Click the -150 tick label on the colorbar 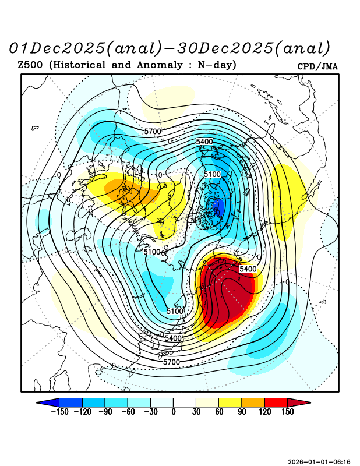click(59, 412)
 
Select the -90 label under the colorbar click(105, 412)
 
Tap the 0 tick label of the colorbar click(173, 412)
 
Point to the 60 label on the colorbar click(218, 412)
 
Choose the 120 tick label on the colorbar click(264, 412)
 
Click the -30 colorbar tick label click(150, 412)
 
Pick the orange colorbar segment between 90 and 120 click(253, 402)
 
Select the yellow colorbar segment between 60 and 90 click(230, 402)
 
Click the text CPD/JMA click(317, 66)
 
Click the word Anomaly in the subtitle click(158, 65)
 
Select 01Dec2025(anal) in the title click(84, 47)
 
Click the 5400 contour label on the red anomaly click(248, 269)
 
